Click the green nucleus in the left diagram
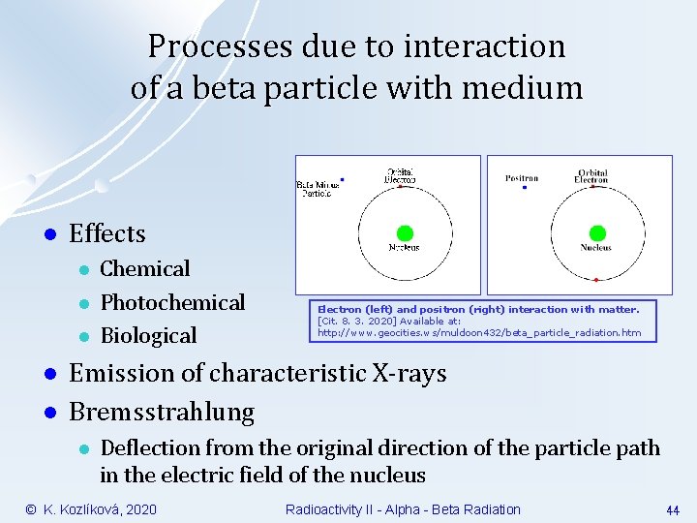[x=405, y=232]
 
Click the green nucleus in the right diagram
[x=597, y=232]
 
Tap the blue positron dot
[x=524, y=188]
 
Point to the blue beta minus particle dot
[x=343, y=179]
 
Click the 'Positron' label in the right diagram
[x=523, y=178]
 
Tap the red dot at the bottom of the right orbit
[x=595, y=279]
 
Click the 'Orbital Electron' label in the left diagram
[x=400, y=175]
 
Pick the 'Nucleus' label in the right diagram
[x=596, y=248]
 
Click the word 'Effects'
[x=107, y=233]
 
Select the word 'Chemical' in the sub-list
[x=145, y=268]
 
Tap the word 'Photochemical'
[x=172, y=302]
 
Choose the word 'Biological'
[x=148, y=335]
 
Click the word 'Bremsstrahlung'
[x=162, y=412]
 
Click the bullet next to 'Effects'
[x=45, y=234]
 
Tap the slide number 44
[x=672, y=509]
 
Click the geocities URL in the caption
[x=479, y=332]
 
